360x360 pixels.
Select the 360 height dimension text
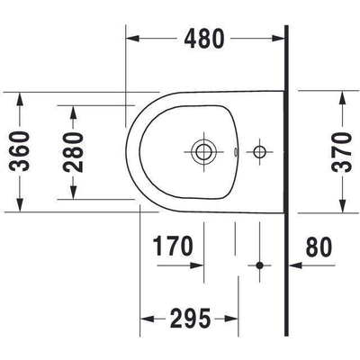click(x=24, y=150)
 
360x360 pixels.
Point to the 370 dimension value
click(x=339, y=150)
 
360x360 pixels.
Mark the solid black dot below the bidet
click(x=260, y=265)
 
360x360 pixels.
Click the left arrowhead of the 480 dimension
click(x=130, y=39)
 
